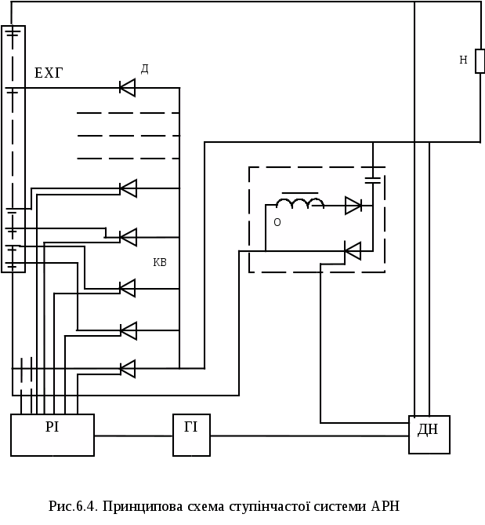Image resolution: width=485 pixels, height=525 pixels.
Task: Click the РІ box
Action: click(x=52, y=435)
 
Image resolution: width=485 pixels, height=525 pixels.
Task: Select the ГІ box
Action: click(x=191, y=435)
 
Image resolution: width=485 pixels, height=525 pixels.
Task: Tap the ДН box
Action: click(x=429, y=435)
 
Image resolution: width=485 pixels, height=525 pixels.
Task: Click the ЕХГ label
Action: click(x=49, y=74)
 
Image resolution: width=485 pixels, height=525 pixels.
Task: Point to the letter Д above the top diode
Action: click(x=145, y=69)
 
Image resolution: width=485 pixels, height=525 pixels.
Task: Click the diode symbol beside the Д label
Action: click(x=127, y=87)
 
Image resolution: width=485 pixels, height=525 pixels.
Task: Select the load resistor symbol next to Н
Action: click(x=480, y=61)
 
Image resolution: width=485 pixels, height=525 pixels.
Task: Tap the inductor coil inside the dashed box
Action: click(x=299, y=204)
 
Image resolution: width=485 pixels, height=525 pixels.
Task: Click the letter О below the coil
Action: click(x=277, y=222)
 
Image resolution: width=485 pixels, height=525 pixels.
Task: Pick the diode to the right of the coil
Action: click(x=353, y=206)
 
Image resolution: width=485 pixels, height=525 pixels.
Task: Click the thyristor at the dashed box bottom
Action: click(x=353, y=251)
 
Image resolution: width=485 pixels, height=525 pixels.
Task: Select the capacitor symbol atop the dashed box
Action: click(x=373, y=179)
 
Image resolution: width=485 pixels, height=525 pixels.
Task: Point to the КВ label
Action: click(x=160, y=262)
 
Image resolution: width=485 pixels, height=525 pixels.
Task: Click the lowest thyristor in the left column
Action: click(x=127, y=368)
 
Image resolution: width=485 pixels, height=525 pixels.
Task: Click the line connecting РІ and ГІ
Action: click(x=133, y=435)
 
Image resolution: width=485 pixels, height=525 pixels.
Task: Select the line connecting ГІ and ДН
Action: click(x=309, y=435)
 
